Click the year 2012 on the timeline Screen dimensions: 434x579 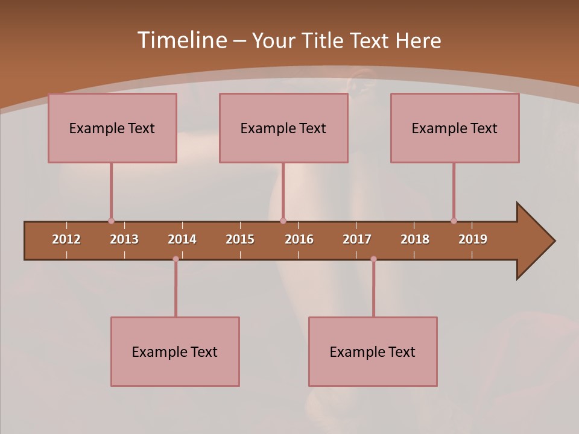click(66, 239)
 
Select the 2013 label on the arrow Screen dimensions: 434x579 click(124, 239)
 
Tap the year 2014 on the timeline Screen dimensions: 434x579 click(182, 239)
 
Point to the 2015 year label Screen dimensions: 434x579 click(240, 239)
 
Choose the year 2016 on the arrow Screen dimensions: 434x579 click(299, 239)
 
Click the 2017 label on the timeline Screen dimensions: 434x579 click(357, 239)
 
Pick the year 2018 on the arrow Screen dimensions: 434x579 click(415, 239)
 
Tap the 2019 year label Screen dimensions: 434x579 click(473, 239)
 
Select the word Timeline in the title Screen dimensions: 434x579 click(182, 40)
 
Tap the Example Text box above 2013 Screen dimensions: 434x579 click(112, 128)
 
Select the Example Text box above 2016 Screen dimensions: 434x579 click(283, 128)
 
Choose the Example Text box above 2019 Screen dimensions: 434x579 click(455, 128)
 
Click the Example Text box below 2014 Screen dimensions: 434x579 click(175, 351)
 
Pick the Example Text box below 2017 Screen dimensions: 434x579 click(373, 351)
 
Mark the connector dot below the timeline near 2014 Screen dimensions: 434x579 click(176, 259)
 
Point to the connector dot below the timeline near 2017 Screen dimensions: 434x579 click(373, 259)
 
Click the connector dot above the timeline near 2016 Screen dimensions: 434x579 click(283, 221)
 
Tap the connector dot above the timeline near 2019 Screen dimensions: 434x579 click(454, 221)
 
